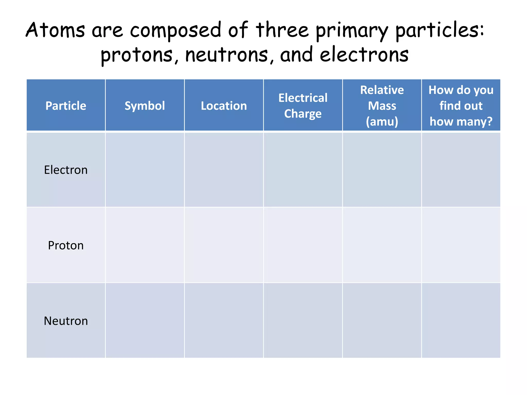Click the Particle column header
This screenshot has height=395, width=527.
pyautogui.click(x=66, y=106)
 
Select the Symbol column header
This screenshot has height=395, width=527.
pyautogui.click(x=145, y=106)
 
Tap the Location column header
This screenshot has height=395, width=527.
pyautogui.click(x=224, y=106)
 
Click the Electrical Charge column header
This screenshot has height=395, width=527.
pyautogui.click(x=303, y=106)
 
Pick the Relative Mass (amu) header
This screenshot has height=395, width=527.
pyautogui.click(x=382, y=106)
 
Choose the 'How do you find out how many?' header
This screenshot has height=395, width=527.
pyautogui.click(x=461, y=106)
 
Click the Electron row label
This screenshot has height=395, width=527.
pyautogui.click(x=66, y=170)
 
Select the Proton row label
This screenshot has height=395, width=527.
pyautogui.click(x=66, y=245)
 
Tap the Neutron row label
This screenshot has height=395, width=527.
pyautogui.click(x=66, y=321)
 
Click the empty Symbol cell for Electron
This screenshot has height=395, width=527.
pyautogui.click(x=145, y=170)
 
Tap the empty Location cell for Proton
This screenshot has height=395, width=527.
pyautogui.click(x=224, y=245)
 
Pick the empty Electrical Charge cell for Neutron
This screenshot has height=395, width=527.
pyautogui.click(x=303, y=320)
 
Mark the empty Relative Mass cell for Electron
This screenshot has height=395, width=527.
pyautogui.click(x=382, y=170)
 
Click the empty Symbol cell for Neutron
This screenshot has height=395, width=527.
pyautogui.click(x=145, y=320)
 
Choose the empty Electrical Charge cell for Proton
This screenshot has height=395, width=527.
pyautogui.click(x=303, y=245)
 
